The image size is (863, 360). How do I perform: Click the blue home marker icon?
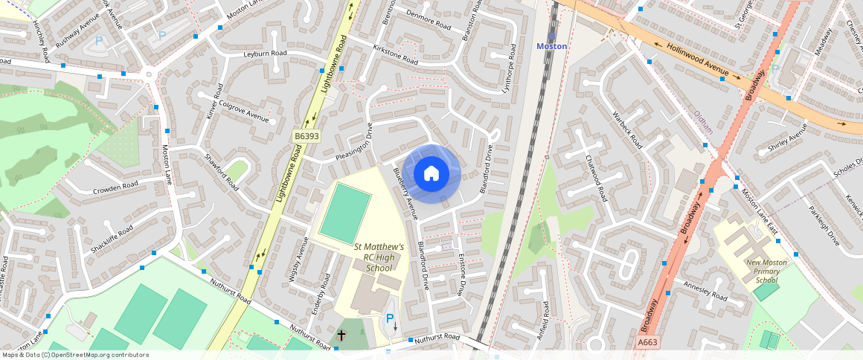pyautogui.click(x=431, y=174)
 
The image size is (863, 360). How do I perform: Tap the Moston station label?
pyautogui.click(x=552, y=46)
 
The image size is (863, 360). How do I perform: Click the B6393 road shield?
pyautogui.click(x=307, y=137)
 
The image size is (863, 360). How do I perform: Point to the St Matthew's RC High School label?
pyautogui.click(x=379, y=257)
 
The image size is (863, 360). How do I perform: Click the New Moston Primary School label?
pyautogui.click(x=766, y=271)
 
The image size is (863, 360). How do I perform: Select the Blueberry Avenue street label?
pyautogui.click(x=406, y=192)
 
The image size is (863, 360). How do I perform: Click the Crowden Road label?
pyautogui.click(x=115, y=186)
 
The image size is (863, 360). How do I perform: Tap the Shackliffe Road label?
pyautogui.click(x=112, y=238)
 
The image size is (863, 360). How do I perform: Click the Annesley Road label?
pyautogui.click(x=705, y=291)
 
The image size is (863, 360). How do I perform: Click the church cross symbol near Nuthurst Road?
pyautogui.click(x=341, y=335)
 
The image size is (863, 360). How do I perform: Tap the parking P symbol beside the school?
pyautogui.click(x=389, y=318)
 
